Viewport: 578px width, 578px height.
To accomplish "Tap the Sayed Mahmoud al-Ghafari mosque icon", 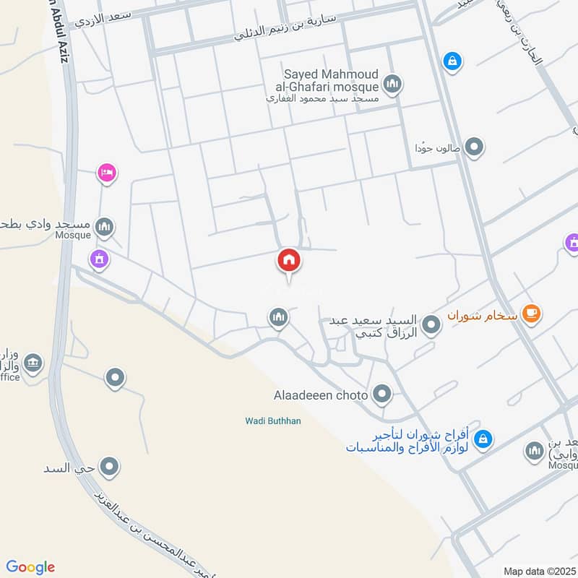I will [392, 85].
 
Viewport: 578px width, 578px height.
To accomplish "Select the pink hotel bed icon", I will [106, 173].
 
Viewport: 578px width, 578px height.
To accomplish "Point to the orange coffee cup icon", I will [532, 314].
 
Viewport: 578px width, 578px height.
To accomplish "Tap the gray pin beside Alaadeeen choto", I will [381, 394].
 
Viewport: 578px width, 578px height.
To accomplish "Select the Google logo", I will [30, 567].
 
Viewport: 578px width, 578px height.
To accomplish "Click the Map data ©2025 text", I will [538, 571].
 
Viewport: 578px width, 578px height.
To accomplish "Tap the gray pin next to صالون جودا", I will [474, 148].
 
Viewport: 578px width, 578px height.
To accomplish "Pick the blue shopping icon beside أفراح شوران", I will [484, 438].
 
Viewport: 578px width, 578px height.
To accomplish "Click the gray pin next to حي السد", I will [109, 467].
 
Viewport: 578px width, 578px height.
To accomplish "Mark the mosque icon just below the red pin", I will [278, 317].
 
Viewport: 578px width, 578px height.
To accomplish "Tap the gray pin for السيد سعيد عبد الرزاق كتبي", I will [431, 325].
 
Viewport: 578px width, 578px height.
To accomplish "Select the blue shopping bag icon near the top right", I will [451, 61].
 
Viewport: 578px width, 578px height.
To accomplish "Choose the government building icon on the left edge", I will [33, 363].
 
